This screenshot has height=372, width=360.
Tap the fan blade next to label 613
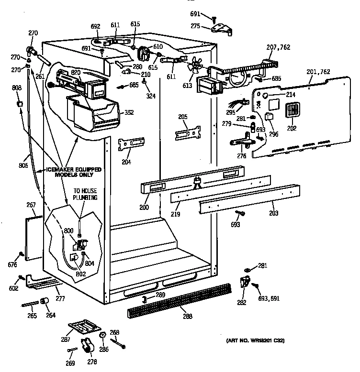click(195, 68)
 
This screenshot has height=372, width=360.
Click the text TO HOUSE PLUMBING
click(85, 194)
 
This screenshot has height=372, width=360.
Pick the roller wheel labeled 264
click(45, 300)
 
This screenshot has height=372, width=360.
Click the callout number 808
click(17, 88)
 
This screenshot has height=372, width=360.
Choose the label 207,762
click(278, 47)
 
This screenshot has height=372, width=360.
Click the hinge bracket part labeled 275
click(221, 30)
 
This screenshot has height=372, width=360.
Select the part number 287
click(65, 339)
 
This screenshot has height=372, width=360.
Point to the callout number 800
click(68, 230)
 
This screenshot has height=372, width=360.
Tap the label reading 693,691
click(269, 298)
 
